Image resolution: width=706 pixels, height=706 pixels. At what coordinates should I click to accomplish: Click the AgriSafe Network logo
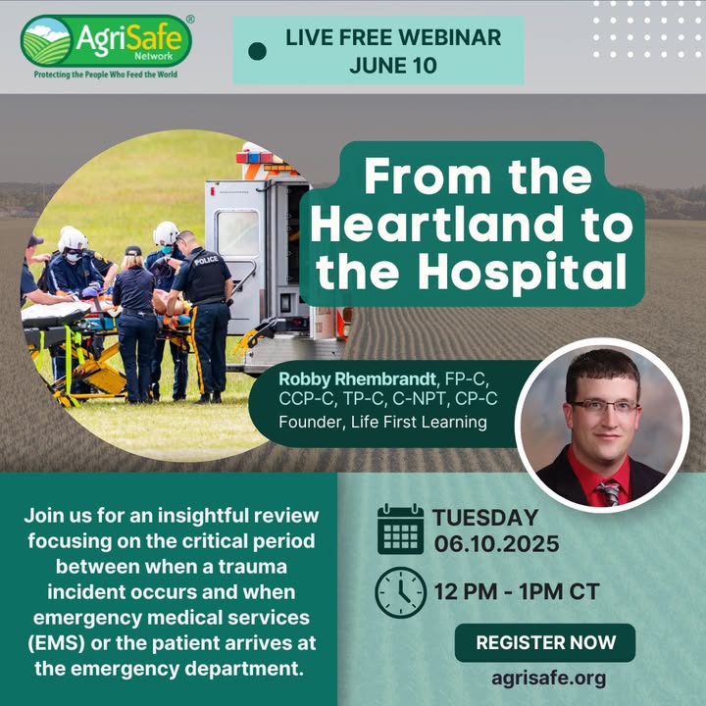click(x=106, y=41)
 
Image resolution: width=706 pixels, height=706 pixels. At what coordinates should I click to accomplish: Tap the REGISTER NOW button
click(x=545, y=642)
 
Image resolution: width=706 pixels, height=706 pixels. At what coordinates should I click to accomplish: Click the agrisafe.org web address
click(x=548, y=679)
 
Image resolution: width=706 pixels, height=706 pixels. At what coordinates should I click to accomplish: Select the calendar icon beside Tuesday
click(x=400, y=529)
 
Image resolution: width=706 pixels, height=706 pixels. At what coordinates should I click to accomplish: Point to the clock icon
click(x=400, y=592)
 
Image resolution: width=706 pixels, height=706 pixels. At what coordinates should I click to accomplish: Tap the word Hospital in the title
click(x=523, y=272)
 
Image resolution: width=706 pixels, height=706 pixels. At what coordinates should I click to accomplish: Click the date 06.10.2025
click(x=496, y=544)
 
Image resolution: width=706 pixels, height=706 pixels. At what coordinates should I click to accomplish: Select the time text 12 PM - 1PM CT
click(x=517, y=591)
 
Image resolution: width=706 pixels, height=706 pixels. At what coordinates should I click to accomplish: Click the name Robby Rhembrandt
click(x=358, y=379)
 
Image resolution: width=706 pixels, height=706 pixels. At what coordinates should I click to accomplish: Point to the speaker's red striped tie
click(x=609, y=491)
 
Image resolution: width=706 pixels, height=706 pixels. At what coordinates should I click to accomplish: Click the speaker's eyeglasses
click(x=605, y=408)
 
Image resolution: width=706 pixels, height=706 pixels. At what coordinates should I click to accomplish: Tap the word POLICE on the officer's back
click(x=206, y=261)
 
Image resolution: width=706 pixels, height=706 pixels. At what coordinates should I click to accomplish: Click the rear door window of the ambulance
click(x=237, y=233)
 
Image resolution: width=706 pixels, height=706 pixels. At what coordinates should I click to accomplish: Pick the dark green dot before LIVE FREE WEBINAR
click(x=257, y=51)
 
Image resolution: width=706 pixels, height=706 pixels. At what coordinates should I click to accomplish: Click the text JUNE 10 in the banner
click(x=393, y=66)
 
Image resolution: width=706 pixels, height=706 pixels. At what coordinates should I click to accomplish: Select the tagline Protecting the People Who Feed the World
click(x=106, y=75)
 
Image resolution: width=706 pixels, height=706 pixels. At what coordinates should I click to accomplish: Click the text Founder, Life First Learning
click(x=382, y=423)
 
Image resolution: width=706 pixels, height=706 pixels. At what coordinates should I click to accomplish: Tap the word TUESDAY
click(x=485, y=518)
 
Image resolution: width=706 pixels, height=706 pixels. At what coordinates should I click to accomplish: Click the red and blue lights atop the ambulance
click(x=255, y=158)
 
